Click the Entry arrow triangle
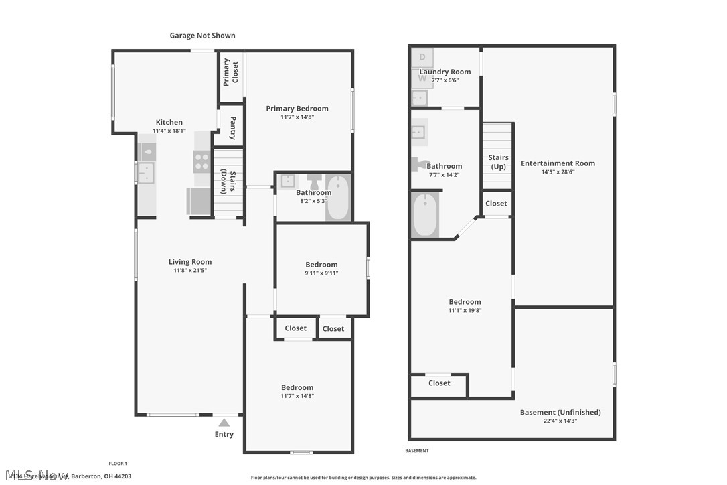click(x=224, y=423)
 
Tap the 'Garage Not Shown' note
click(x=202, y=36)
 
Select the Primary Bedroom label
click(x=297, y=109)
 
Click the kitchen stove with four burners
click(x=201, y=161)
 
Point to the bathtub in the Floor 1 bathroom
click(x=338, y=197)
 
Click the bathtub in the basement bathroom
click(x=425, y=214)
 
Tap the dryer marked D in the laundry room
click(x=422, y=57)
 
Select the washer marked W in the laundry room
click(x=422, y=78)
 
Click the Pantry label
click(x=232, y=127)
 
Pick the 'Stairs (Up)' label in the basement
click(x=499, y=162)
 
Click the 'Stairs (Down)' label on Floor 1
click(x=228, y=182)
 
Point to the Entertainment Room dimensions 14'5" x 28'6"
click(x=558, y=171)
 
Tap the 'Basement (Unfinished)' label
click(x=560, y=412)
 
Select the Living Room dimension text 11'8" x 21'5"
click(x=190, y=271)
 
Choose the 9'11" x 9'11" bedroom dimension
click(x=321, y=273)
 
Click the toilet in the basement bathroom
click(x=420, y=164)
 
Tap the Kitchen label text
click(x=169, y=122)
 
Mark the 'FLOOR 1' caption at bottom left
click(x=118, y=464)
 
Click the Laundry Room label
click(x=445, y=72)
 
